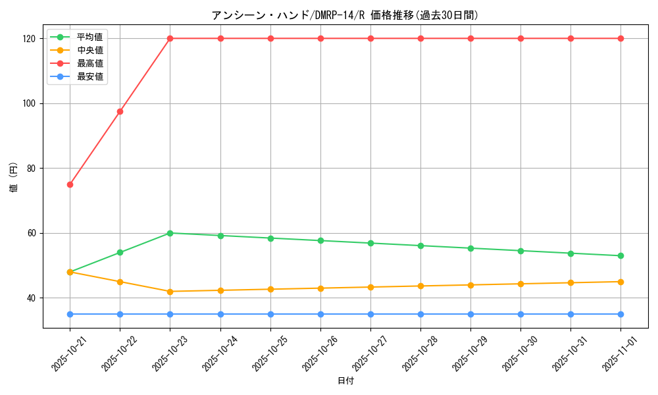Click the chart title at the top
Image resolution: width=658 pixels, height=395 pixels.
pos(345,15)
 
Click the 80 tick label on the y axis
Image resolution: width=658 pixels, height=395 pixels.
pos(32,169)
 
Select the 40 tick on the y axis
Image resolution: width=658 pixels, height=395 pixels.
pos(32,298)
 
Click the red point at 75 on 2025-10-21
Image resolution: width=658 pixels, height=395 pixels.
pos(70,184)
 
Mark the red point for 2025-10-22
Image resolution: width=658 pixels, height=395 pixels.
pos(120,111)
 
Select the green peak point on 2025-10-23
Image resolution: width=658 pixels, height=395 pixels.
pos(170,233)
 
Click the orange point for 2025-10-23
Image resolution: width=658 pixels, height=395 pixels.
pos(170,292)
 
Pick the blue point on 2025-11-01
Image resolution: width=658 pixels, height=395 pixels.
pos(620,314)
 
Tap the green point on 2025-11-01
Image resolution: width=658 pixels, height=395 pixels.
pos(620,256)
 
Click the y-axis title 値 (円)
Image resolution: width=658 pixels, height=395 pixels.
pos(14,179)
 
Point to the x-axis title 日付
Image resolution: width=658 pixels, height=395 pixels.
pos(345,381)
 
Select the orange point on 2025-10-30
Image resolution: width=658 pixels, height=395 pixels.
pos(520,284)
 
